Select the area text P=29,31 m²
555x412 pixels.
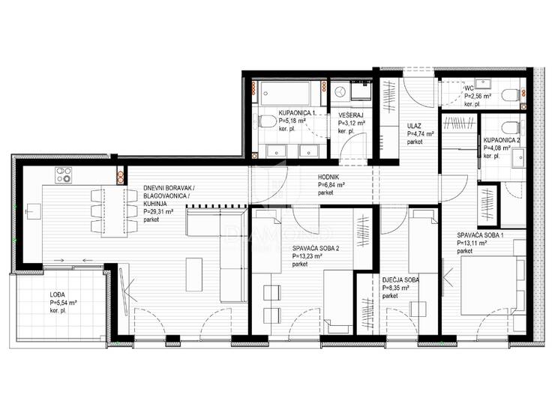(x=158, y=211)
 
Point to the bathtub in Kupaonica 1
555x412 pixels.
(x=285, y=94)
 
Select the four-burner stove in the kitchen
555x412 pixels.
(x=63, y=175)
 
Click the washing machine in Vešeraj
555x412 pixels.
(x=340, y=91)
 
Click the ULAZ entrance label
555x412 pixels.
(x=414, y=126)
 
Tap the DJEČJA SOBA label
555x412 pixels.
(x=400, y=279)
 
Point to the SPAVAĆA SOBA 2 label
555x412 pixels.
(x=315, y=248)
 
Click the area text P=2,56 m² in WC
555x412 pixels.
(x=478, y=96)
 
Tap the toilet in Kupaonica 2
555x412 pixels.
(x=510, y=127)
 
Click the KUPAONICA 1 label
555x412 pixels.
(x=297, y=113)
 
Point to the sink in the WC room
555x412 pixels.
(x=483, y=84)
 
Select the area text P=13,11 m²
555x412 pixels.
(x=472, y=243)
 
